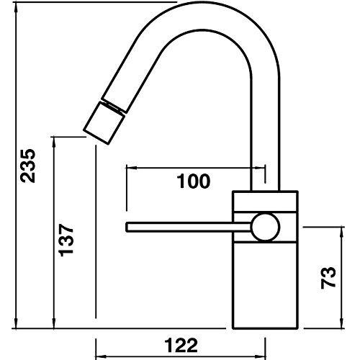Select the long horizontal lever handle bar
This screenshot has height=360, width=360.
pos(187,228)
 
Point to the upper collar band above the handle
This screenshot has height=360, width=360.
pos(265,202)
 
